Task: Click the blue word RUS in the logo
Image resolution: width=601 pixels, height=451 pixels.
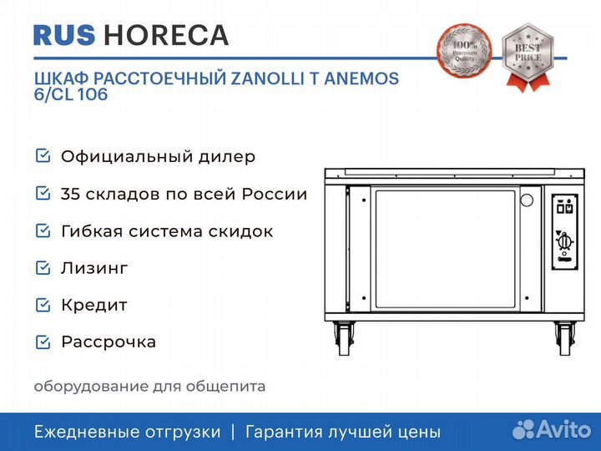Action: (64, 35)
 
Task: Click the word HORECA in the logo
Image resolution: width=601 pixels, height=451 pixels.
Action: (166, 35)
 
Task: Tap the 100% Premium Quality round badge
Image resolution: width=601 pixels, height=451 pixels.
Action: (464, 50)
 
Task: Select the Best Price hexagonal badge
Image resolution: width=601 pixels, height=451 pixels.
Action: (528, 53)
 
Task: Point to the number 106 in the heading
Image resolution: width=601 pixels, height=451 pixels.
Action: (93, 94)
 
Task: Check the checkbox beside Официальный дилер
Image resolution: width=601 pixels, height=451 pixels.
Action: (43, 155)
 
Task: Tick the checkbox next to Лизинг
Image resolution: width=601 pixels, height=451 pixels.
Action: (43, 268)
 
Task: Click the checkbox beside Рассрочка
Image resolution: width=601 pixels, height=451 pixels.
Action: (43, 342)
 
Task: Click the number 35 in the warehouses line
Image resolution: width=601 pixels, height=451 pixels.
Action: (70, 194)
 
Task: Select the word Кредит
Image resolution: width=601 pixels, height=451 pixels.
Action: (94, 306)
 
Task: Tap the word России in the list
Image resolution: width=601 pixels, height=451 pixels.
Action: (275, 194)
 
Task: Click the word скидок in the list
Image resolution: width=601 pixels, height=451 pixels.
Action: (240, 231)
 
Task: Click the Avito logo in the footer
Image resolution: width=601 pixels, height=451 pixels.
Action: (552, 429)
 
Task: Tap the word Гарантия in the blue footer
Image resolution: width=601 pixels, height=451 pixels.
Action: (284, 432)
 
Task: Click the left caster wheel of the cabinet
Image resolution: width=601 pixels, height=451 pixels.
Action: (342, 338)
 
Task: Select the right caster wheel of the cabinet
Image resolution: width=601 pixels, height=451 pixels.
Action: (565, 338)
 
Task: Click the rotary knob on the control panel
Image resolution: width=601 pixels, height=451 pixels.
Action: (563, 242)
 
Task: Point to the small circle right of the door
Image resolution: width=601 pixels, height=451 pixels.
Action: (527, 200)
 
